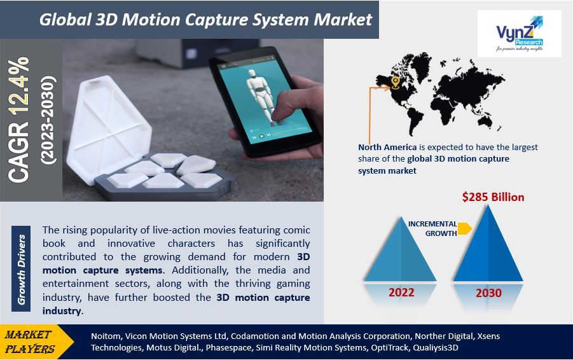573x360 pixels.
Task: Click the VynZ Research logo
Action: [x=520, y=34]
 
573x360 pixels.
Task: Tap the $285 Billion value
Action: [x=493, y=197]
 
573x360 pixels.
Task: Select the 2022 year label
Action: [x=401, y=293]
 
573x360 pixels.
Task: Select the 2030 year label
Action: [x=488, y=293]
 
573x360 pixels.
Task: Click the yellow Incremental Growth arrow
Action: [x=464, y=228]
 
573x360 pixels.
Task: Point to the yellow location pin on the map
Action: [x=395, y=82]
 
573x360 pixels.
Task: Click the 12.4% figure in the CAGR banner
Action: [x=18, y=85]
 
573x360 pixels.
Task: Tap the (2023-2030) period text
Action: [x=48, y=120]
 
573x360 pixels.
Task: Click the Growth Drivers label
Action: [x=21, y=269]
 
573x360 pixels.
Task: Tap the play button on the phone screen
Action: [x=261, y=136]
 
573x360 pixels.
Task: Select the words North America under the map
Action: [x=387, y=148]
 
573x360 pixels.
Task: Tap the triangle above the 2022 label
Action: [x=400, y=249]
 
